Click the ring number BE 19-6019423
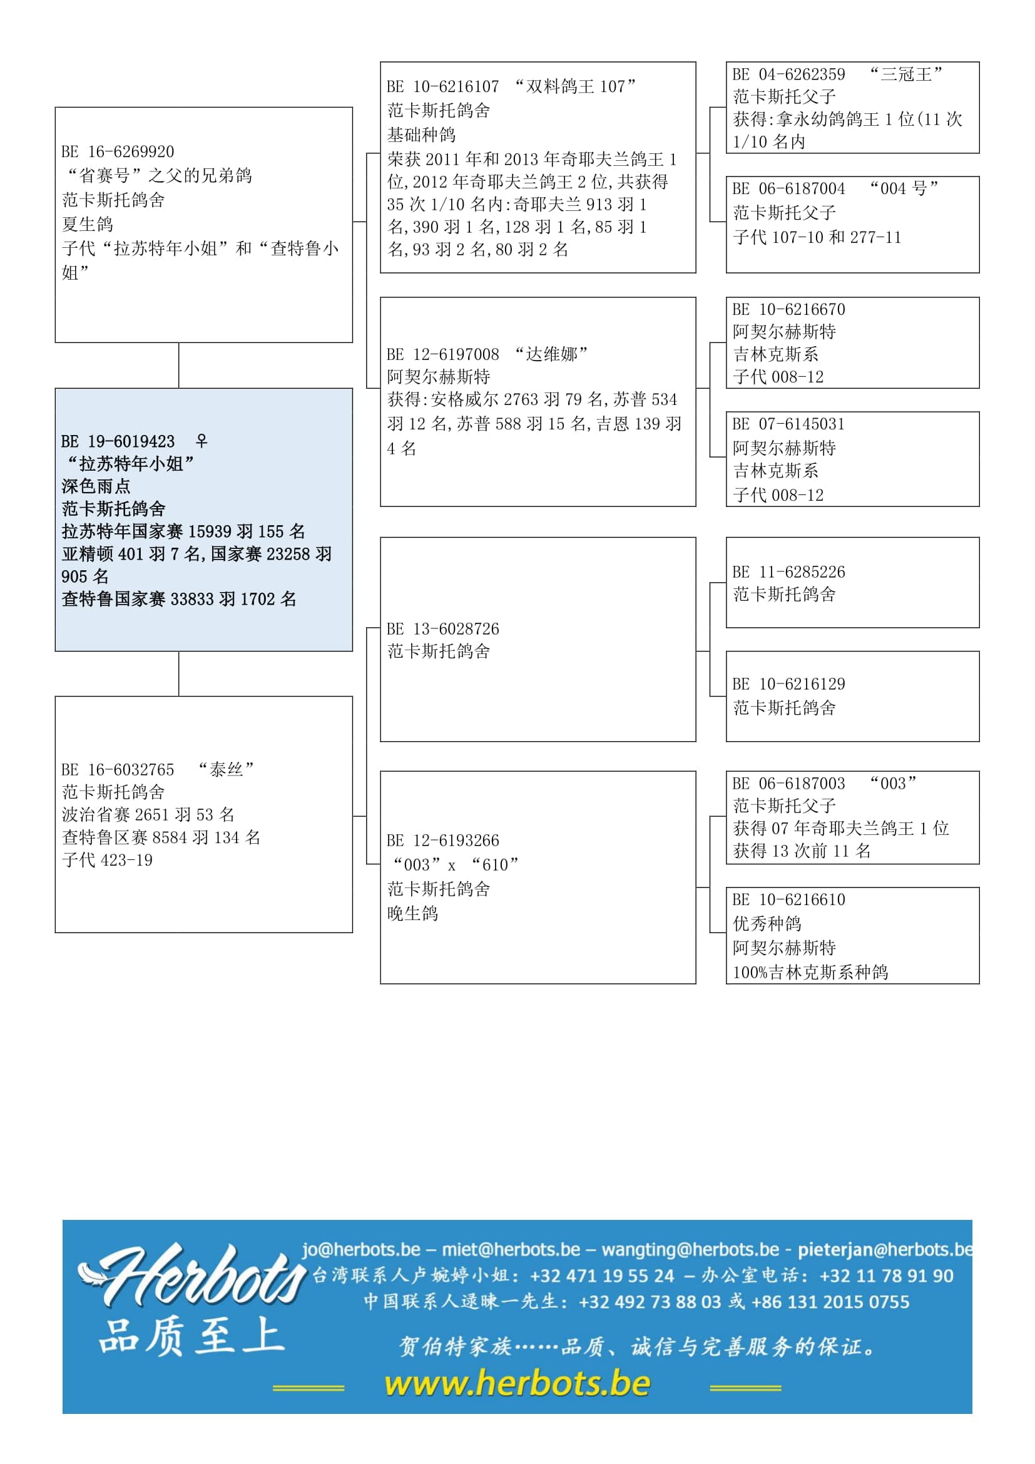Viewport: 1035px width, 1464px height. click(118, 441)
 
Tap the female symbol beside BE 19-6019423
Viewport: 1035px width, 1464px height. click(201, 441)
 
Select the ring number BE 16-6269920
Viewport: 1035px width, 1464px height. click(118, 151)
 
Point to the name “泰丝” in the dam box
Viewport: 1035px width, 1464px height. click(227, 770)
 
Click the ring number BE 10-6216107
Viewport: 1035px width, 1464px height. click(443, 87)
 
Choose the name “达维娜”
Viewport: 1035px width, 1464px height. click(551, 354)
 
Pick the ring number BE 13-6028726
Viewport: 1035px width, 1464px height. click(443, 628)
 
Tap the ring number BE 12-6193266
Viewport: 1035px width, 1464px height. click(443, 841)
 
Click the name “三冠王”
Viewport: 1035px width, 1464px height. click(906, 74)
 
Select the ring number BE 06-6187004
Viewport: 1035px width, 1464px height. click(789, 189)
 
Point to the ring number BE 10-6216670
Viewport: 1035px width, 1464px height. click(789, 309)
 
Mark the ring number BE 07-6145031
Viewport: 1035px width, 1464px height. click(789, 424)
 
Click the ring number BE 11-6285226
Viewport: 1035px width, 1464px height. click(789, 572)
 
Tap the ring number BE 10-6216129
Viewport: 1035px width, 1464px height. click(789, 684)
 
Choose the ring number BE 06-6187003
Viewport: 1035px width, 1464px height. click(789, 783)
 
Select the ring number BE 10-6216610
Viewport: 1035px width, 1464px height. click(789, 899)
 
